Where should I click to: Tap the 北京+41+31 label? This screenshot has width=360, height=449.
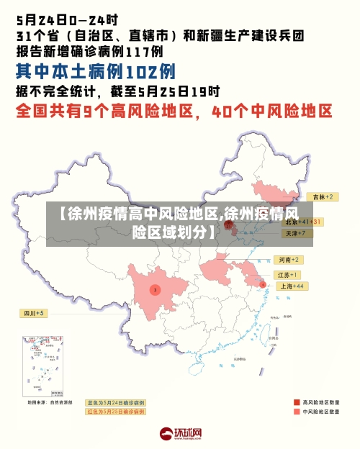click(x=302, y=222)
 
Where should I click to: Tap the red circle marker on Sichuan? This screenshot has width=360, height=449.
click(x=155, y=289)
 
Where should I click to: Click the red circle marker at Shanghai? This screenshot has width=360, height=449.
click(x=263, y=285)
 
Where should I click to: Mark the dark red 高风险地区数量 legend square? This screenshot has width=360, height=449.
click(x=297, y=402)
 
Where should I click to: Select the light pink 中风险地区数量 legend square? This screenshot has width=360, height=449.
click(x=297, y=412)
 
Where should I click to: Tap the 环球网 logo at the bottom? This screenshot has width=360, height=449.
click(x=180, y=434)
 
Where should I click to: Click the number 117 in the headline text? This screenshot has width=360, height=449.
click(x=135, y=51)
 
